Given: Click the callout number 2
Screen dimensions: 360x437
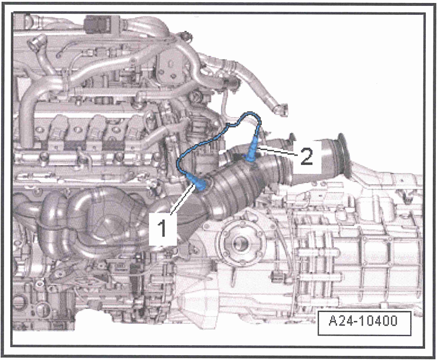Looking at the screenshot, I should (305, 157).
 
